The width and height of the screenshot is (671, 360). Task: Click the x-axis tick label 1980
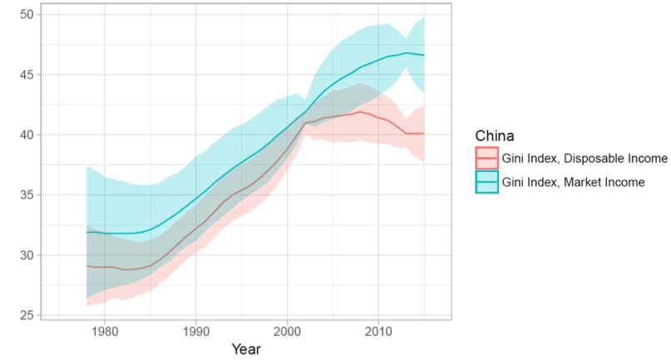coord(104,329)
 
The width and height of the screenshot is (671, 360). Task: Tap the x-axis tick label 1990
coord(195,329)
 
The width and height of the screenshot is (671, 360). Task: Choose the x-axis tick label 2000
coord(288,329)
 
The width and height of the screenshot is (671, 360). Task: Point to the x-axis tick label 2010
coord(379,329)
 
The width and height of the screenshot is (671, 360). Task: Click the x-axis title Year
coord(246,348)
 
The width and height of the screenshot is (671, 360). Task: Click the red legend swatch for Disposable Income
coord(486,158)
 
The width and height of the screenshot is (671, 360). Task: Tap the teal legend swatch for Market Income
coord(486,183)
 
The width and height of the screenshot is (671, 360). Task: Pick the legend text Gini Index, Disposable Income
coord(585,158)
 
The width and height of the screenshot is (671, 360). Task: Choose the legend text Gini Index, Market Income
coord(575,183)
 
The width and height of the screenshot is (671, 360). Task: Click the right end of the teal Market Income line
coord(425,56)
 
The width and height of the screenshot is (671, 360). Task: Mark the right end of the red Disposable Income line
coord(425,134)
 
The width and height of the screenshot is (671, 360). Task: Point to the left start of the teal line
coord(86,232)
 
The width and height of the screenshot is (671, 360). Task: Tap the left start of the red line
coord(86,266)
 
